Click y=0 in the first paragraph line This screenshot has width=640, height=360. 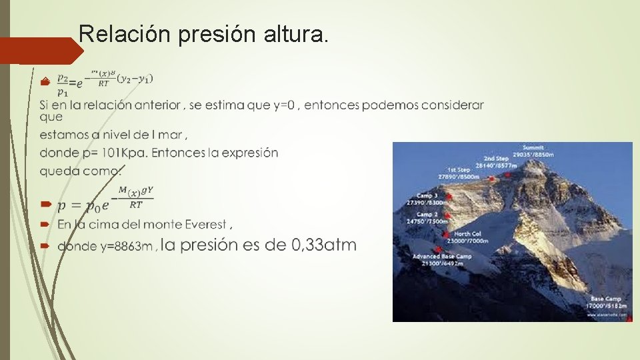click(x=281, y=105)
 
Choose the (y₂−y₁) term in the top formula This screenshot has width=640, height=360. click(x=135, y=79)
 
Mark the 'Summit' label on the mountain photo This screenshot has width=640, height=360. click(x=533, y=147)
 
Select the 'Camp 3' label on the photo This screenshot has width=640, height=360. click(x=426, y=195)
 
